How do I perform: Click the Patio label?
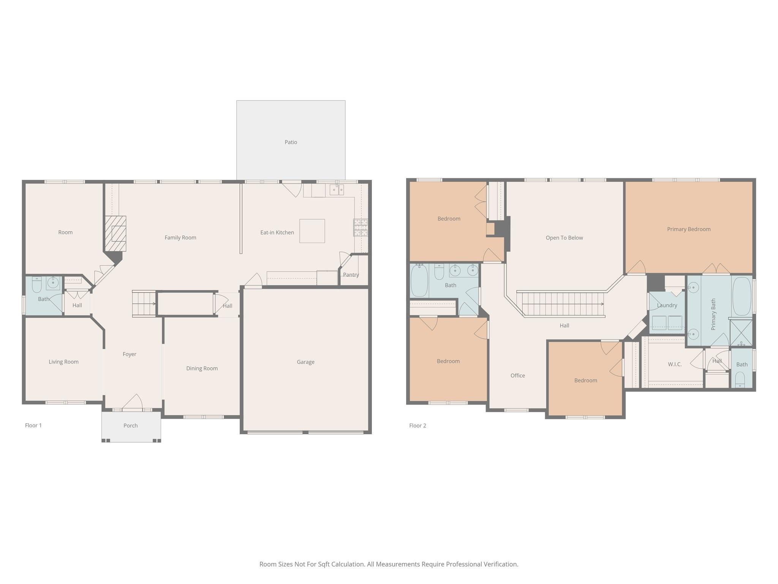click(291, 142)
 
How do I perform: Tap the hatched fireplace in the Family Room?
click(115, 233)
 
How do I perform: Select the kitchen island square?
click(312, 231)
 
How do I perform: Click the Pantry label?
click(351, 275)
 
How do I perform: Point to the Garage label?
click(305, 362)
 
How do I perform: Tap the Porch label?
click(130, 425)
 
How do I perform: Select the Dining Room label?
click(202, 368)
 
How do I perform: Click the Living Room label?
click(63, 362)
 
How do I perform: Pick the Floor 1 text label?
click(33, 425)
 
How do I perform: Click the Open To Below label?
click(564, 238)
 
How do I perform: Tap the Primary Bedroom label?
click(688, 229)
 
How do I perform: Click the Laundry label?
click(667, 305)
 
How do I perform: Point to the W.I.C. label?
click(675, 364)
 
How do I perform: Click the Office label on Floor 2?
click(517, 376)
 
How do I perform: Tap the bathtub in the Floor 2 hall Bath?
click(419, 281)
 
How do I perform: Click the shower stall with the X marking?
click(741, 333)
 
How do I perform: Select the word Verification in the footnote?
click(500, 564)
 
